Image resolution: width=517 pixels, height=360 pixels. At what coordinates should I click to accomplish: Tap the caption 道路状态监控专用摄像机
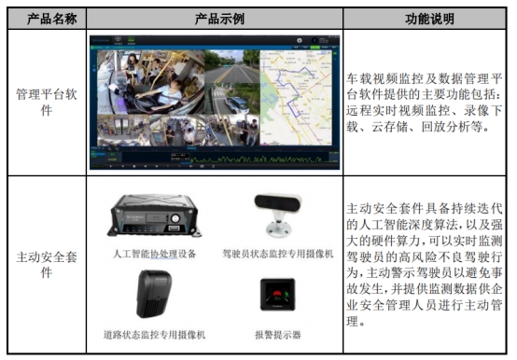pyautogui.click(x=154, y=333)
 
